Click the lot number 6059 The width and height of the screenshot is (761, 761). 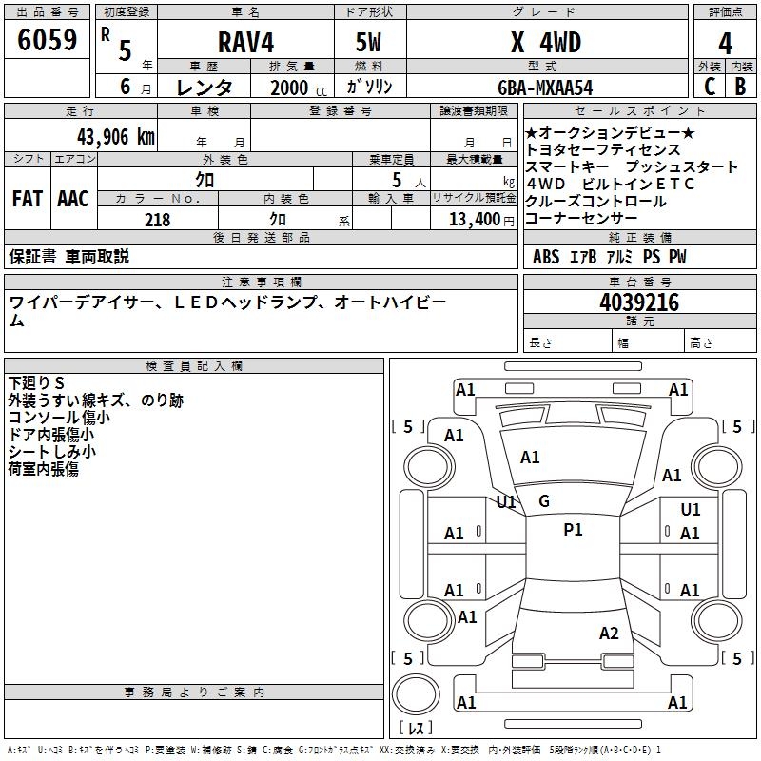[x=47, y=41]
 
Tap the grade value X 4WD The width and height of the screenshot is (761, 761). [x=545, y=42]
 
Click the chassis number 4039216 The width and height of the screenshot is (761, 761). [x=639, y=302]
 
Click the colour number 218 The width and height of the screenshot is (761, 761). [x=158, y=220]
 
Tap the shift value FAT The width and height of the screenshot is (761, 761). [x=27, y=199]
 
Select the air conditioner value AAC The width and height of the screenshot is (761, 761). [x=73, y=199]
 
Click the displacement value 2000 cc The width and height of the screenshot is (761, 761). [x=296, y=88]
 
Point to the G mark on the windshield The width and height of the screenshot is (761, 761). [x=544, y=500]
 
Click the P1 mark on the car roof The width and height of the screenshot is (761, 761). [x=573, y=530]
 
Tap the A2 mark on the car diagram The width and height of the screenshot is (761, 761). [x=609, y=634]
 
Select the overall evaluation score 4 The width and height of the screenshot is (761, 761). [x=726, y=43]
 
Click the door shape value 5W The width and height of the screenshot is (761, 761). [x=370, y=42]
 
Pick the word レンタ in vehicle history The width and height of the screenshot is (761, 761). [x=205, y=88]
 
